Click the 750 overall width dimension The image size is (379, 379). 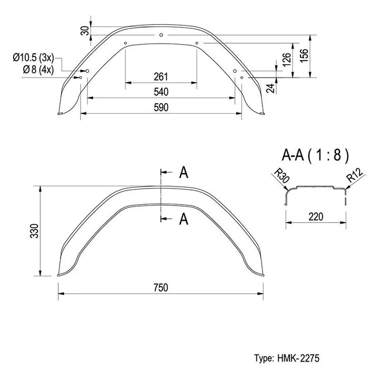pos(161,287)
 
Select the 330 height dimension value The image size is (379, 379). pos(34,231)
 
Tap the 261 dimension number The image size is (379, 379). pos(161,77)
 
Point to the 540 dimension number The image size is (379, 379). pos(161,92)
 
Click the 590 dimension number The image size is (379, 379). pos(161,107)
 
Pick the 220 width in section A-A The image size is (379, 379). pos(316,217)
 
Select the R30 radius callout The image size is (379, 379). pos(282,176)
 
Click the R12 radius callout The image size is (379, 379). pos(355,175)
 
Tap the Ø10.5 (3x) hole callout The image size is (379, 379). pos(34,58)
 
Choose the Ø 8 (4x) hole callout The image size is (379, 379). pos(38,70)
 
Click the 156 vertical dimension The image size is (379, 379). pos(304,56)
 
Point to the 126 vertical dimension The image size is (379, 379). pos(286,59)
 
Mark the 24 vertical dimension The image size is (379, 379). pos(271,88)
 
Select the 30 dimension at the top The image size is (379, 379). pos(85,31)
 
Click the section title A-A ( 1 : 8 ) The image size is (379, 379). pos(315,155)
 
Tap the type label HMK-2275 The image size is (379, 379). pos(298,358)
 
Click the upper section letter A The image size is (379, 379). pos(184,173)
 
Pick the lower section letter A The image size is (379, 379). pos(184,219)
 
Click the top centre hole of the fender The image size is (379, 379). pos(161,35)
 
